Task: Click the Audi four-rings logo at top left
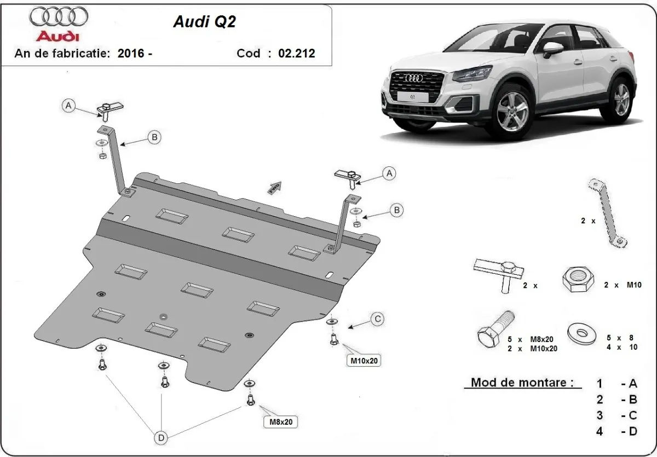[58, 17]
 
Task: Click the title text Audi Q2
[198, 21]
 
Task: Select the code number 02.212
[296, 53]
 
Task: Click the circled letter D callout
[161, 437]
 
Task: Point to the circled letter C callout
[377, 318]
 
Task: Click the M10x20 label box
[361, 361]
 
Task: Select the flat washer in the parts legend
[581, 332]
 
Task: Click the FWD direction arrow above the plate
[274, 188]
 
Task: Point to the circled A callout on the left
[68, 106]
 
